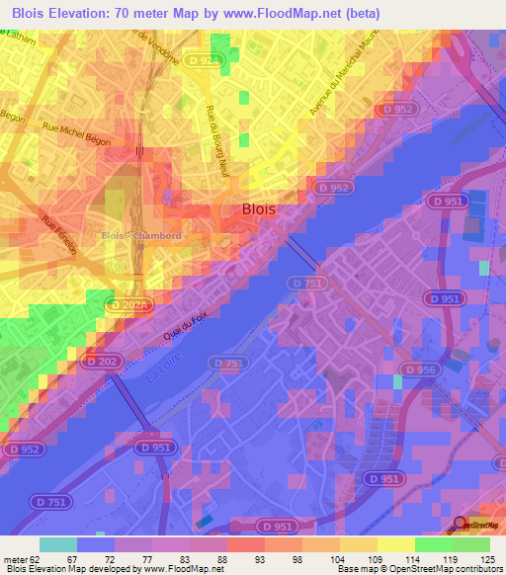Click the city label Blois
(259, 209)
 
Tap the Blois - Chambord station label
(140, 235)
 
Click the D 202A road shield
(129, 307)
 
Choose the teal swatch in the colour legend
(58, 544)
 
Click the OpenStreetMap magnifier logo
(459, 524)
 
